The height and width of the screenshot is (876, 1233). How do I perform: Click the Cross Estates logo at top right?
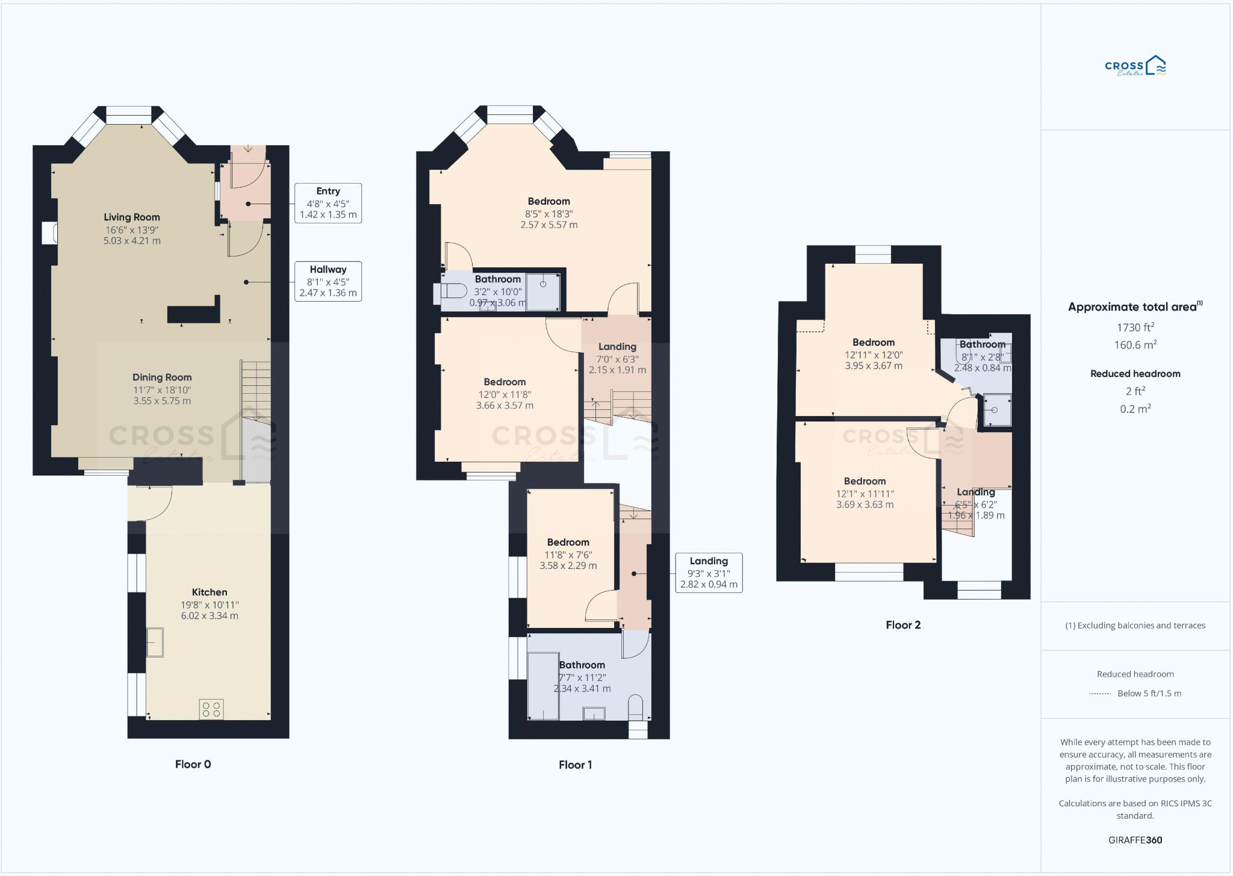pos(1135,66)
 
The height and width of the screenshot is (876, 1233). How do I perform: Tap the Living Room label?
pos(132,217)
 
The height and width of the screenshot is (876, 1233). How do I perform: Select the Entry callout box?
pos(328,203)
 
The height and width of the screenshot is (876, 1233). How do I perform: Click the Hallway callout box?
pos(328,281)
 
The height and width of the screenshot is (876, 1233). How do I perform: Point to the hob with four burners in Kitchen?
pos(211,709)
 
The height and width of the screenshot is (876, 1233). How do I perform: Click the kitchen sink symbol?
pos(155,642)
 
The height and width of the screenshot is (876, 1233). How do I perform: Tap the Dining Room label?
pos(162,377)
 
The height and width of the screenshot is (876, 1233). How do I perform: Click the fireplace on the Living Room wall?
pos(49,233)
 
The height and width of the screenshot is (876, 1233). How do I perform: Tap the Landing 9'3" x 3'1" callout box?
pos(708,573)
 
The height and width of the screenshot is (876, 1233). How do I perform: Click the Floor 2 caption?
pos(902,625)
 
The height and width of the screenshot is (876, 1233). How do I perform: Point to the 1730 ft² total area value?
pos(1135,328)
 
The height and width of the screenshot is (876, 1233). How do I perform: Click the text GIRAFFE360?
pos(1135,840)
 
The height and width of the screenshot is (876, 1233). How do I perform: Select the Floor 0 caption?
pos(193,764)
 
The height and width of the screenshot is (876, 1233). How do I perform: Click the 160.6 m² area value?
pos(1135,345)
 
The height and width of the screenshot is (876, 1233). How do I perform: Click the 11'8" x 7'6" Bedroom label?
pos(568,542)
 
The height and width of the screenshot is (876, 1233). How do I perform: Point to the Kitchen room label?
pos(210,592)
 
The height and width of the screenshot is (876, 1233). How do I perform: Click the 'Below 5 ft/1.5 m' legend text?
pos(1149,693)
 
